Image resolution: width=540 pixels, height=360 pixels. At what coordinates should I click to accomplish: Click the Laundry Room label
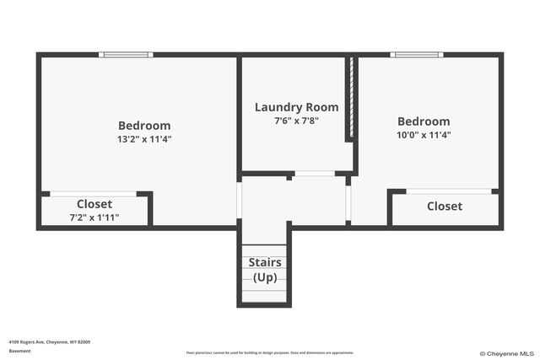[x=296, y=107]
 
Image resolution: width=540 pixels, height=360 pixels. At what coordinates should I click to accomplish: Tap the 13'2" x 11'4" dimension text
[x=144, y=139]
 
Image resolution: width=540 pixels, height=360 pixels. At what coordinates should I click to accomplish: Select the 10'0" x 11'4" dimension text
[x=424, y=135]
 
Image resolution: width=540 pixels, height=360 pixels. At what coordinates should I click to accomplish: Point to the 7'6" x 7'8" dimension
[x=296, y=121]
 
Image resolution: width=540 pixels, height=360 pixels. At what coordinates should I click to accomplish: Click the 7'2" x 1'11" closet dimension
[x=94, y=218]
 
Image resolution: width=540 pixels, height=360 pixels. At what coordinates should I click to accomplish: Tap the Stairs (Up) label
[x=265, y=270]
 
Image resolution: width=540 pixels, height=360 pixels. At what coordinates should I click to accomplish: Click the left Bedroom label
[x=144, y=126]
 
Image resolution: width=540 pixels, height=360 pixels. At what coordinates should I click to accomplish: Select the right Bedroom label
[x=424, y=121]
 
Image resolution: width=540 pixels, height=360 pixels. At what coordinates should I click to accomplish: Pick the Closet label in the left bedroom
[x=94, y=204]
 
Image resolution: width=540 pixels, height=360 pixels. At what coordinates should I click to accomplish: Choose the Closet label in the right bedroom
[x=444, y=207]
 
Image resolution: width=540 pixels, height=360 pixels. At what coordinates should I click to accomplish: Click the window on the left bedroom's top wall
[x=126, y=56]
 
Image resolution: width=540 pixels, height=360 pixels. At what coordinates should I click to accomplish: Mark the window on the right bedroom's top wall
[x=417, y=56]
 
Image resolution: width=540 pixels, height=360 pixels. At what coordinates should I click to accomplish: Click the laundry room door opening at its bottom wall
[x=314, y=174]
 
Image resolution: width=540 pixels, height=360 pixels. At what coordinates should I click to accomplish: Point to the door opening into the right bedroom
[x=348, y=200]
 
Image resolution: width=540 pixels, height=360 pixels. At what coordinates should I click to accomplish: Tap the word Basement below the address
[x=19, y=351]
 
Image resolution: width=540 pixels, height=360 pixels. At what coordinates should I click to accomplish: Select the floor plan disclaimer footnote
[x=270, y=352]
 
